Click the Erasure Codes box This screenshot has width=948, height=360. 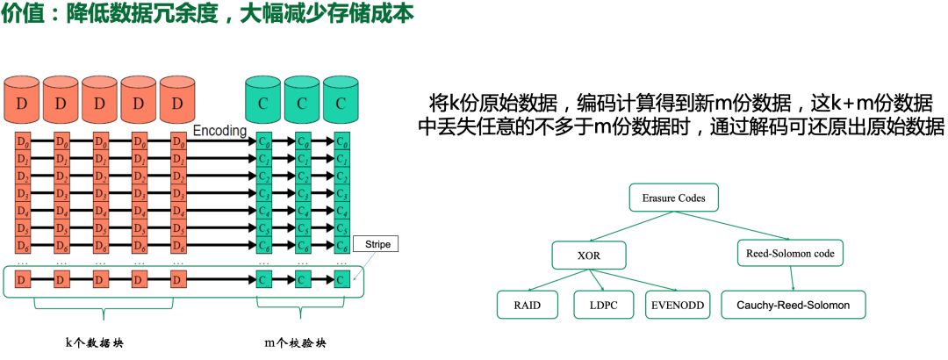tap(673, 198)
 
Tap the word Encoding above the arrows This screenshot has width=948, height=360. tap(219, 130)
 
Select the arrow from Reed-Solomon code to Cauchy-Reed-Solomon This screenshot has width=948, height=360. tap(793, 279)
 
